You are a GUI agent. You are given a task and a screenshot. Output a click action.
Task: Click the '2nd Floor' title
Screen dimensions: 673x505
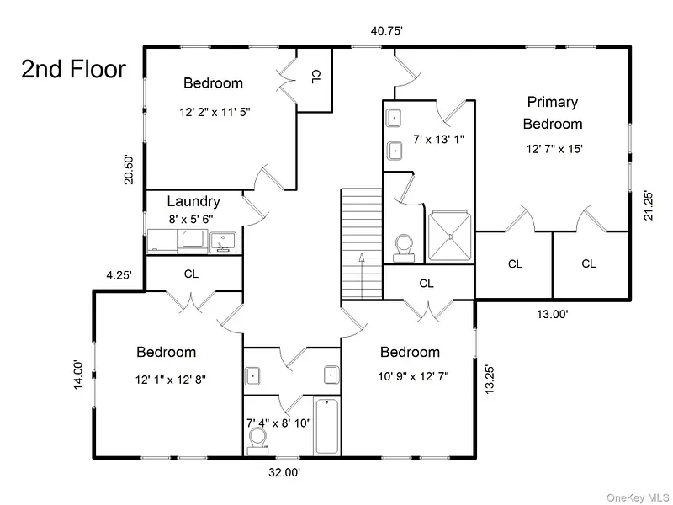pos(73,69)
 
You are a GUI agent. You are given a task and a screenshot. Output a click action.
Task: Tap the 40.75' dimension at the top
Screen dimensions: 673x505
pos(387,31)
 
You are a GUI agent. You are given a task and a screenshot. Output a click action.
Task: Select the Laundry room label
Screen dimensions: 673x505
pos(193,201)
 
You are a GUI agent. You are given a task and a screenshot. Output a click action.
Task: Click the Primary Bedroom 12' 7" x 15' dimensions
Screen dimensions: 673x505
pos(554,149)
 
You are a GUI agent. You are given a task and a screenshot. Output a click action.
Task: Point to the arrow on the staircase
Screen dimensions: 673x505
pos(362,275)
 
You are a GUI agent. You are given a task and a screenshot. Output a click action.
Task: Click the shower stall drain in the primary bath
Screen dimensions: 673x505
pos(450,237)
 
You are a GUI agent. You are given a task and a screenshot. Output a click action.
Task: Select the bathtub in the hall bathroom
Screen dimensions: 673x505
pos(327,426)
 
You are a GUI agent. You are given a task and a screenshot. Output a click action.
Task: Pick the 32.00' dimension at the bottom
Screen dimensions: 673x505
pos(284,473)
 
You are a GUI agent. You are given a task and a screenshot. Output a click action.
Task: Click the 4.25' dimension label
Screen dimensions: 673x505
pos(119,275)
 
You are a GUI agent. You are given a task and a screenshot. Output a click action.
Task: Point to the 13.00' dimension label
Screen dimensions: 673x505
pos(553,314)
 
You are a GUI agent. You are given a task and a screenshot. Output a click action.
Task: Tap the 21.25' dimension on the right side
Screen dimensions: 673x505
pos(648,205)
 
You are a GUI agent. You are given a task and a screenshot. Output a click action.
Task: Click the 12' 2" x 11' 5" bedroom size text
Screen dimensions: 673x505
pos(215,112)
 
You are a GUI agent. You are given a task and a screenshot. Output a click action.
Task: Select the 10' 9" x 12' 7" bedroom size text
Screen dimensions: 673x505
pos(413,376)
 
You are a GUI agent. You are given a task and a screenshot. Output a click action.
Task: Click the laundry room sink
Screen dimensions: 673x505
pos(223,242)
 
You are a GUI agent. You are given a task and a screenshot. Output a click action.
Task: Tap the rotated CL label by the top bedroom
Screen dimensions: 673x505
pos(315,77)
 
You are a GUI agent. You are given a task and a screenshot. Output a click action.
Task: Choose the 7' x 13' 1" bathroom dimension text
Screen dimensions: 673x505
pos(438,140)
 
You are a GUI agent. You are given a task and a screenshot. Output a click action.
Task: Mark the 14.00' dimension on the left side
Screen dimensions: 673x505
pos(77,375)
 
